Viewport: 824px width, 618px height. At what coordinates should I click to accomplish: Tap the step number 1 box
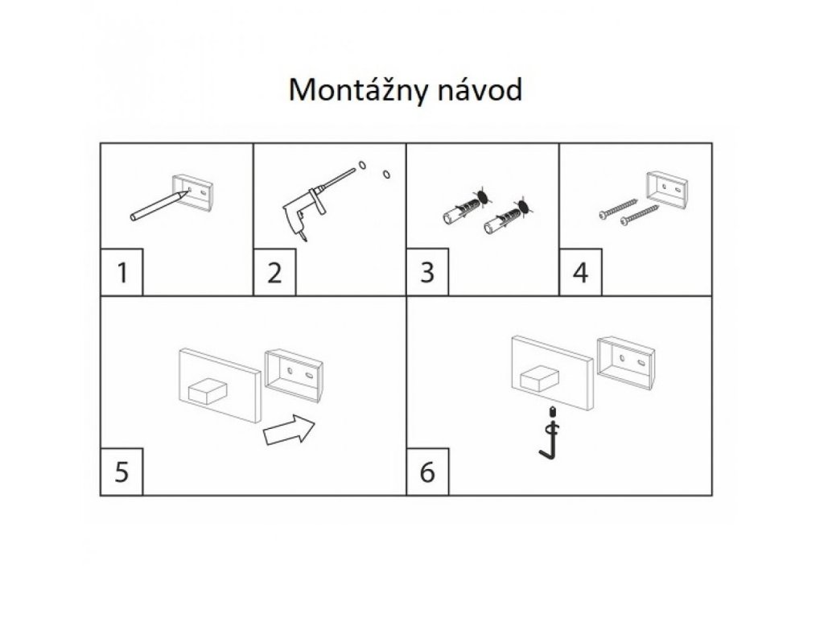click(122, 274)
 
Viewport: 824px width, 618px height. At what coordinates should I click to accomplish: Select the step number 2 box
click(274, 274)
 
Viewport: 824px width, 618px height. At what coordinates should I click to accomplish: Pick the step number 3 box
click(427, 274)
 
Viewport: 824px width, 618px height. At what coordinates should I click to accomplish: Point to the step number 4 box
click(580, 274)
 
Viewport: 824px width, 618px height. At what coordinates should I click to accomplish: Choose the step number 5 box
click(122, 472)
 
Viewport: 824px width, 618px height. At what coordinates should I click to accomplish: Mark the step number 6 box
click(427, 472)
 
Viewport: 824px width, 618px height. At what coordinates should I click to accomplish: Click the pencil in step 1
click(158, 206)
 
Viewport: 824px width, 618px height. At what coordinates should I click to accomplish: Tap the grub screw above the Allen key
click(553, 414)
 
